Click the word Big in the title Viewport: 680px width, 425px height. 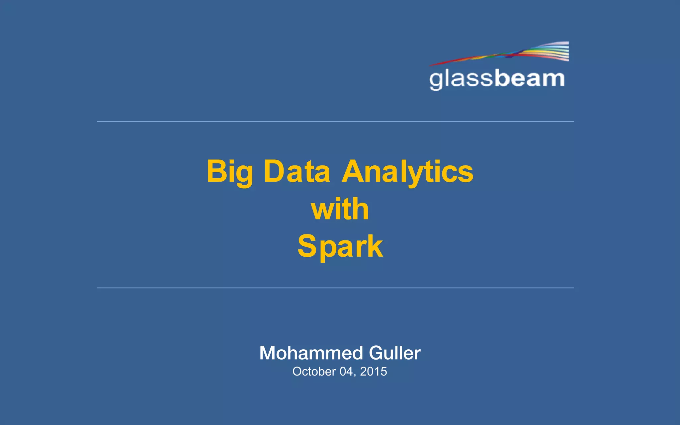point(229,172)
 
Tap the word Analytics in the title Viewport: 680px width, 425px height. point(407,172)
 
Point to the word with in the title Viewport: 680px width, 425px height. point(340,209)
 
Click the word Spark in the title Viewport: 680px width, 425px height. point(340,246)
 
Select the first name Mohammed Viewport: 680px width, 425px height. point(311,353)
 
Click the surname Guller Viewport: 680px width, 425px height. point(395,353)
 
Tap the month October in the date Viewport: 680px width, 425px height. point(314,372)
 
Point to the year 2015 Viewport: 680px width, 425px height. point(374,372)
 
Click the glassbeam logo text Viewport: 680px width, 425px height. point(497,79)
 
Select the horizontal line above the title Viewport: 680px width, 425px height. point(335,122)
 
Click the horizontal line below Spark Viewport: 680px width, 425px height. point(335,288)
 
